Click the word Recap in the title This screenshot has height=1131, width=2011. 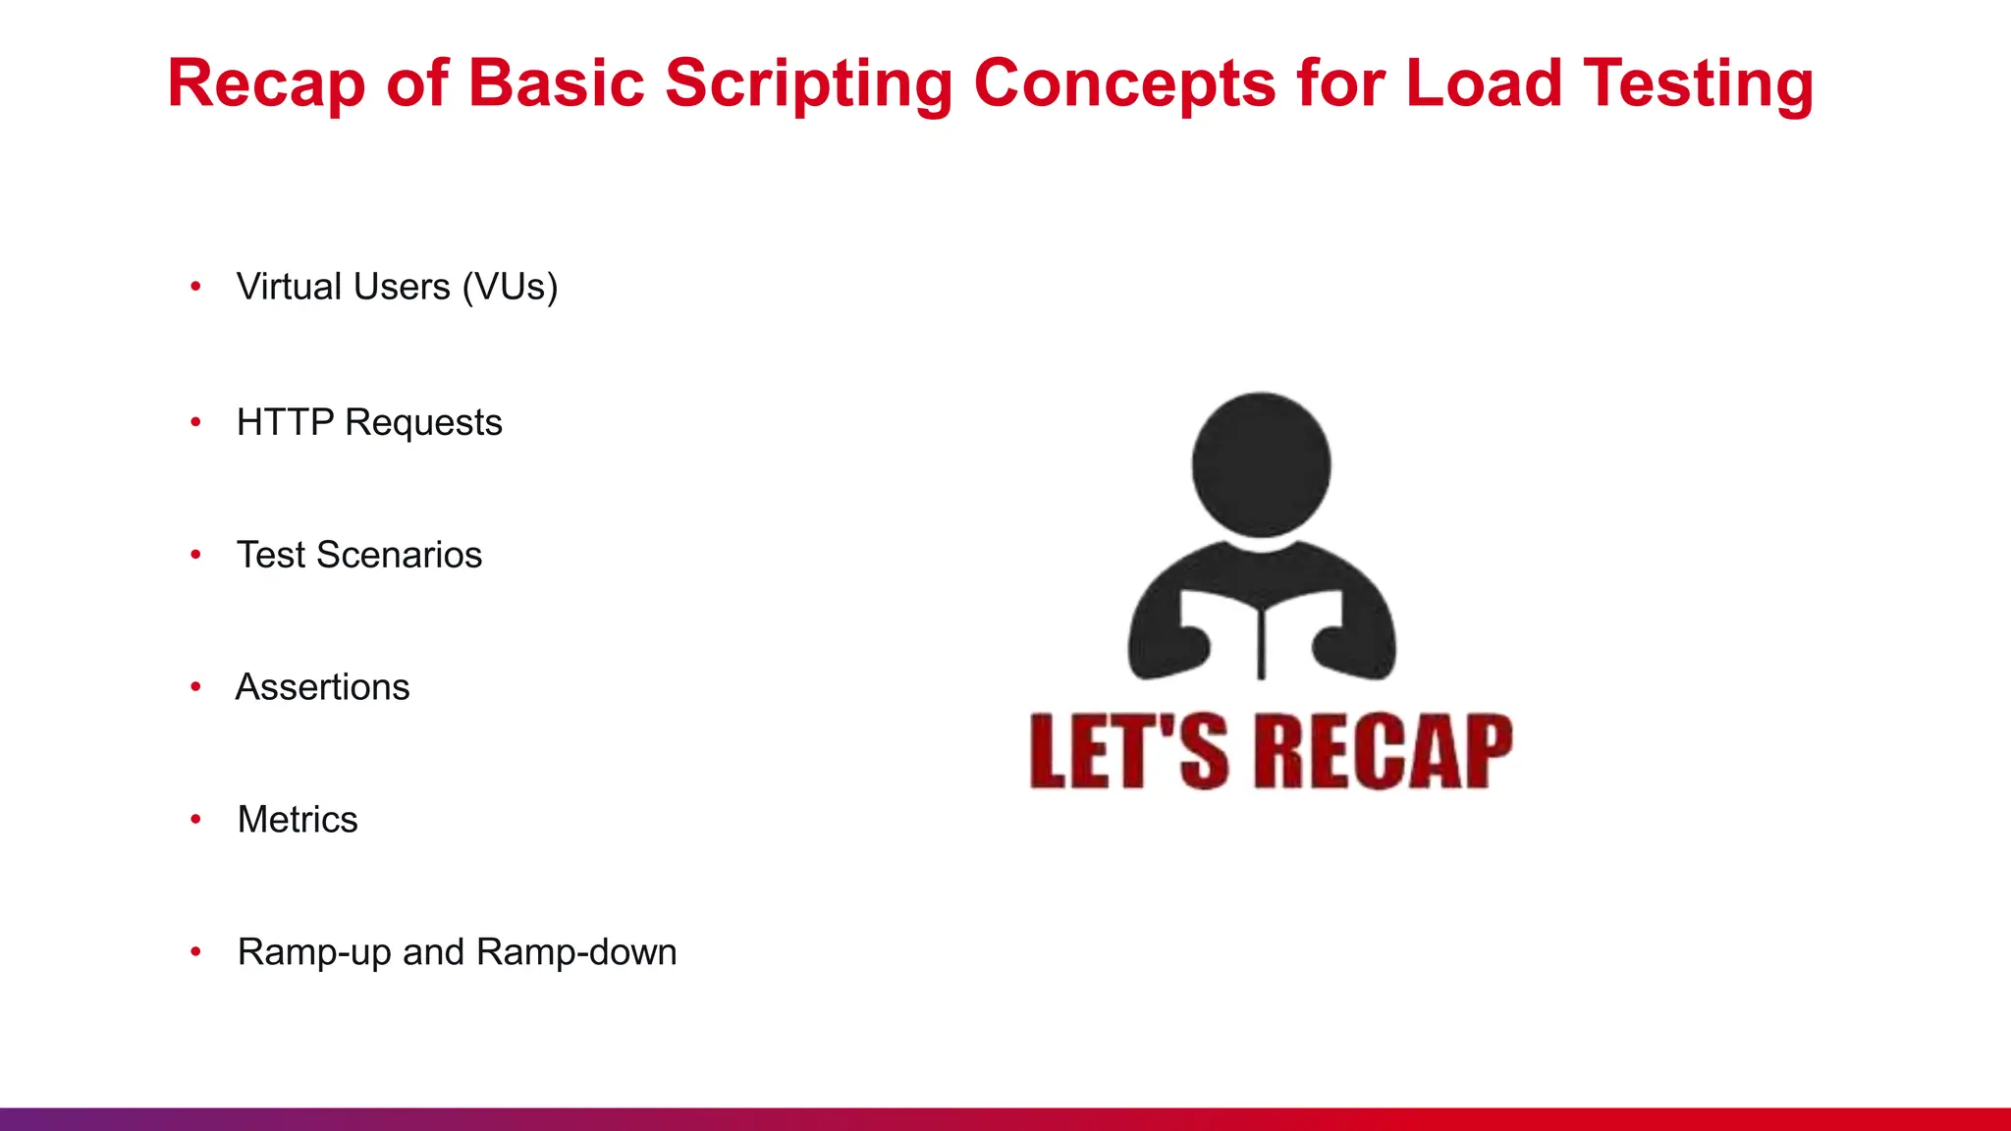coord(266,83)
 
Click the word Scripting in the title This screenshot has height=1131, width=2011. coord(809,83)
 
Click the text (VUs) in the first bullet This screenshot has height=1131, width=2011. coord(510,288)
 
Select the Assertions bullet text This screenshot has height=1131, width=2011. coord(323,688)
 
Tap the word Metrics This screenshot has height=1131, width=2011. coord(298,820)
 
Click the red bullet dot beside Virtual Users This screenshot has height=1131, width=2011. coord(195,287)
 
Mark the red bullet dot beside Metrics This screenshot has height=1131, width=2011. coord(195,819)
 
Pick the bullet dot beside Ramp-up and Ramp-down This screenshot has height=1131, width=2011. coord(195,951)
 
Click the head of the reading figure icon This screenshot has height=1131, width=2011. coord(1261,463)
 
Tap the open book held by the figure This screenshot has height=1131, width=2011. coord(1261,628)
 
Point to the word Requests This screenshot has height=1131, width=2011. coord(423,423)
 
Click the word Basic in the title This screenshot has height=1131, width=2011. coord(556,83)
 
